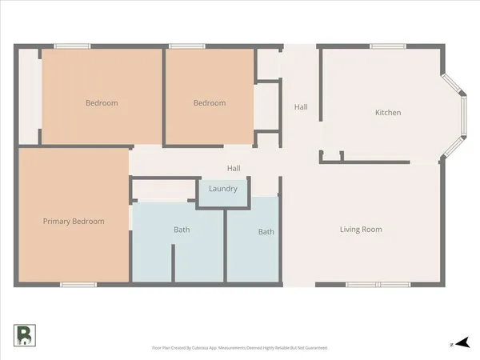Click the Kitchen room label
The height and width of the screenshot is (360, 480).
pos(388,113)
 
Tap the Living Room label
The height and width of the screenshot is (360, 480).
pos(361,230)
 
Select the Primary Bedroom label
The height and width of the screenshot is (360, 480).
pos(74,221)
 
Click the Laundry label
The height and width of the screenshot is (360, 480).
pos(222,189)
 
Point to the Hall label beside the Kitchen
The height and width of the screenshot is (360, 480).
pos(301,107)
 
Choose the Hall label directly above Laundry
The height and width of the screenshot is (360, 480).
pos(234,168)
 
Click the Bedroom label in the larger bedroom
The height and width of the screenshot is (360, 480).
pos(102,102)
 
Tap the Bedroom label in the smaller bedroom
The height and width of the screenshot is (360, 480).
pos(210,102)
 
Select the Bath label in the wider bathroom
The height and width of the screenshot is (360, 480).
pos(182,230)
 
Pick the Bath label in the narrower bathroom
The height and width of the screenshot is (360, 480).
pos(266,232)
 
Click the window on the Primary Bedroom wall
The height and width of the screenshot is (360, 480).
pos(78,285)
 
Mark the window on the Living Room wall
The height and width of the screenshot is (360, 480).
pos(378,285)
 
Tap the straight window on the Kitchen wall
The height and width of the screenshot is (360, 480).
pos(382,46)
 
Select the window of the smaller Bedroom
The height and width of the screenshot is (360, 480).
pos(182,46)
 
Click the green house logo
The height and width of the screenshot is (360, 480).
pos(23,335)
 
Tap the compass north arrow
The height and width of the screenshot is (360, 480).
pos(458,344)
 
